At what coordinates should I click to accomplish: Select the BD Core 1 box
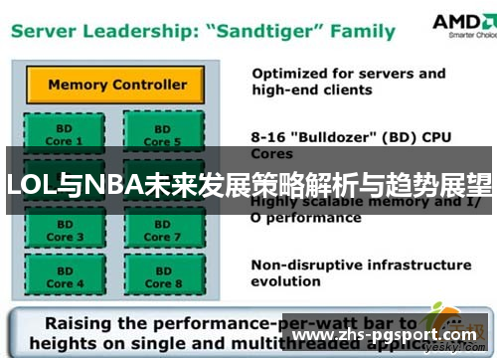click(x=61, y=135)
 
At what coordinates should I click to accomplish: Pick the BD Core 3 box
click(x=61, y=231)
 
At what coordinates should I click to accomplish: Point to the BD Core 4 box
click(x=61, y=277)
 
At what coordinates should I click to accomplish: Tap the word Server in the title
click(x=47, y=32)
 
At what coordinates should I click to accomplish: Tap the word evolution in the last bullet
click(x=286, y=281)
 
